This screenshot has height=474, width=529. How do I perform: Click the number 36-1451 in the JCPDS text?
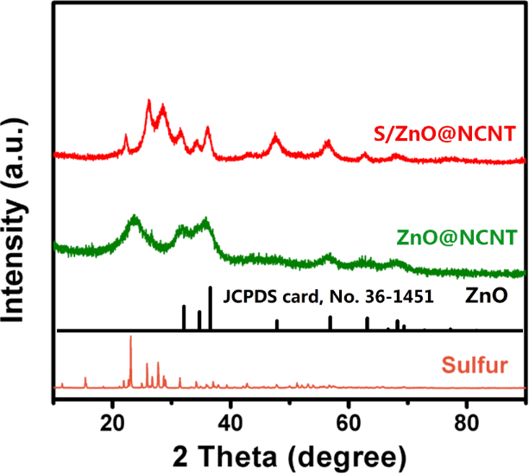coord(400,297)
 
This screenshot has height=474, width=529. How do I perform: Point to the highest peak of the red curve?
coord(149,104)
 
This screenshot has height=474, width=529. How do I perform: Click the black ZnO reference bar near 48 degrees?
coord(277,325)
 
